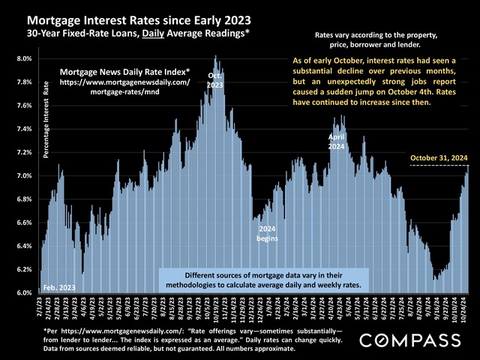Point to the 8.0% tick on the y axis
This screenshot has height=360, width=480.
[x=24, y=58]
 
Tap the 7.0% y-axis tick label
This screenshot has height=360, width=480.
[x=24, y=175]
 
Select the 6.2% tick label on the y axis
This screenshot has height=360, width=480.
[x=24, y=269]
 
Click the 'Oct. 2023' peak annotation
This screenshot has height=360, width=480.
[x=215, y=80]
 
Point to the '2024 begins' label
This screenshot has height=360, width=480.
[x=268, y=233]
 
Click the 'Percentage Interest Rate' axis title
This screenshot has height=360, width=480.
[x=46, y=121]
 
